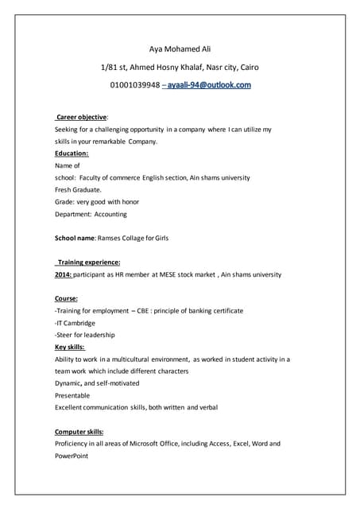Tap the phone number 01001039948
134,84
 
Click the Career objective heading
82,117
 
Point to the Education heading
72,153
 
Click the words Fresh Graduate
78,189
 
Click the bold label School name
75,238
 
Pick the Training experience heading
87,262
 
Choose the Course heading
66,298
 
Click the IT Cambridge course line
75,323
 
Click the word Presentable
72,395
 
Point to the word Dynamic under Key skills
68,383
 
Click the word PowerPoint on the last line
71,457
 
